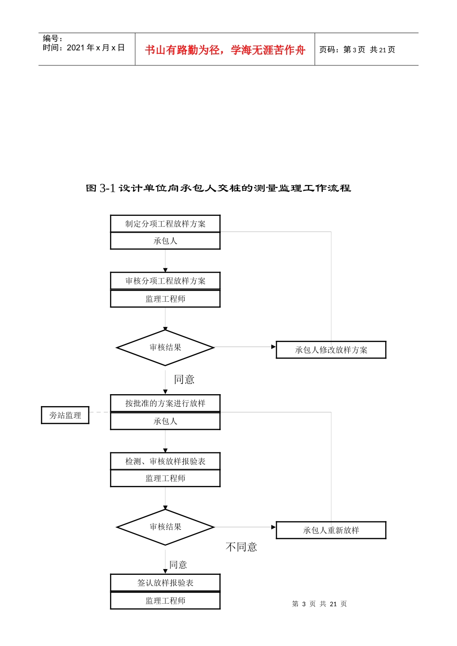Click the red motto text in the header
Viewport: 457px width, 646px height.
coord(225,50)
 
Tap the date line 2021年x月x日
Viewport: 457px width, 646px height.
coord(84,48)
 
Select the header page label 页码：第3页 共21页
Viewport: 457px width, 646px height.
coord(357,50)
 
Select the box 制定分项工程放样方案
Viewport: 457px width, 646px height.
coord(165,224)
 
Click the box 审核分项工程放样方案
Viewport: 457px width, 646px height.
coord(165,281)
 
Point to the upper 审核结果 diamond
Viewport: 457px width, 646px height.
coord(165,348)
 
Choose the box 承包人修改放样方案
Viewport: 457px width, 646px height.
coord(331,350)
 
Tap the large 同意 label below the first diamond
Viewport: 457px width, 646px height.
coord(184,379)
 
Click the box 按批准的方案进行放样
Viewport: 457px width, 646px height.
coord(165,403)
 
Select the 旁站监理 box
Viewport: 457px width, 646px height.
coord(65,415)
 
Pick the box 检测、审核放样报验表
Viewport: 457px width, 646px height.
coord(165,461)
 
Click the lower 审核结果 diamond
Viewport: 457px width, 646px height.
coord(165,527)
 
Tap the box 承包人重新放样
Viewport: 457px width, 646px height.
coord(331,530)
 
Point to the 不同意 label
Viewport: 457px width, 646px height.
coord(241,547)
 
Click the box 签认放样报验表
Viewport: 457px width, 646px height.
coord(165,583)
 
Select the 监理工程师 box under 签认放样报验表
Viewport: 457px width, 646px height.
coord(165,601)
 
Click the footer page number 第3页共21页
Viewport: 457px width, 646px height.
coord(319,604)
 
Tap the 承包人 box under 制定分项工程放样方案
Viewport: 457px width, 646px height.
coord(165,241)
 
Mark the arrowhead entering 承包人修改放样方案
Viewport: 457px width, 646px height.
coord(274,347)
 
